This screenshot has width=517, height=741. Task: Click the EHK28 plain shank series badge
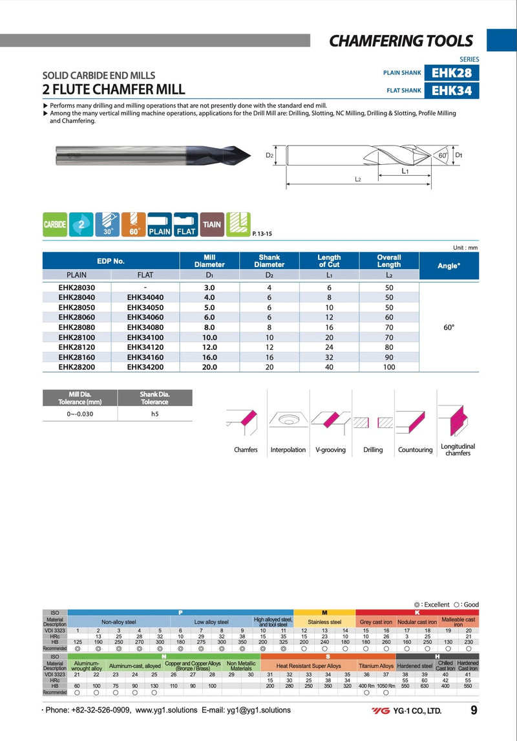[452, 73]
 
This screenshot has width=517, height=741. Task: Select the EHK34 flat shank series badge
[452, 91]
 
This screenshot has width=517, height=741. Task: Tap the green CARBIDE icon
[55, 224]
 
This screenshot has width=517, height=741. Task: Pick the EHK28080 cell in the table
[76, 327]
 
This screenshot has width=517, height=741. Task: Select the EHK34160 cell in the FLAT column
[145, 356]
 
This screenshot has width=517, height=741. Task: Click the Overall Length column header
[389, 261]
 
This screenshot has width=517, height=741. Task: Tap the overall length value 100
[389, 366]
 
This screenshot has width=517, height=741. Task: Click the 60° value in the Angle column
[449, 327]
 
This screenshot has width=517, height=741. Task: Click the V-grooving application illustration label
[330, 449]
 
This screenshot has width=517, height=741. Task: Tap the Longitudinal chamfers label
[458, 450]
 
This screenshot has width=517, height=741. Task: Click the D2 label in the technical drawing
[270, 156]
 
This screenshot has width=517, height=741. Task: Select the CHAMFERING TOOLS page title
[401, 41]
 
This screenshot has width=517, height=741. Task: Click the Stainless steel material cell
[324, 622]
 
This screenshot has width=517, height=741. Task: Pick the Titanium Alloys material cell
[376, 665]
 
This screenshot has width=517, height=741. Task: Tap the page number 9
[474, 711]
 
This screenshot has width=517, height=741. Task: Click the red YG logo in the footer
[380, 711]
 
